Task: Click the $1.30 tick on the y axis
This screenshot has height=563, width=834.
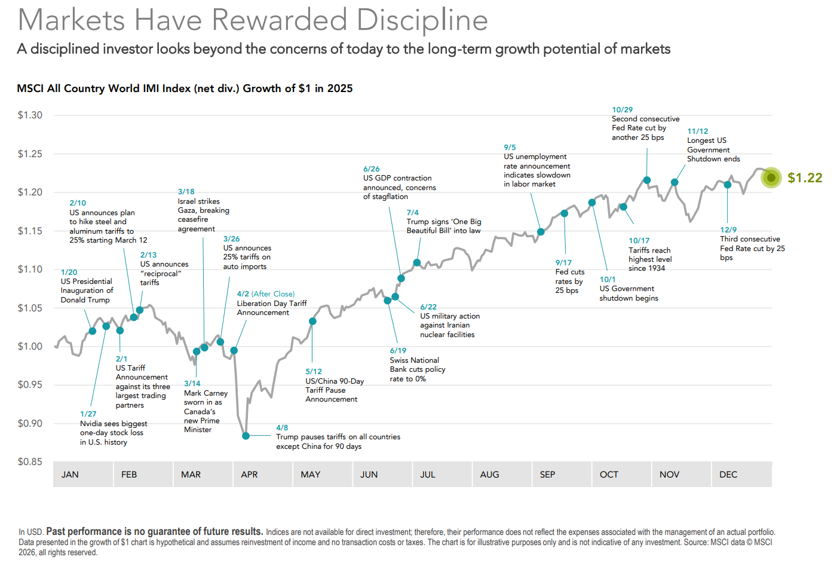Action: [30, 115]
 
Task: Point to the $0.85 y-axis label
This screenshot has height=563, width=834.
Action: [30, 461]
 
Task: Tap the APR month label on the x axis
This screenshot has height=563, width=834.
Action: [249, 475]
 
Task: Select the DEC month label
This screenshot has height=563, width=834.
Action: [728, 475]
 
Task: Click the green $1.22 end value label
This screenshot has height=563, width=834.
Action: [805, 178]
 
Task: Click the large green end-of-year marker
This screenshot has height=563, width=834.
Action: [771, 178]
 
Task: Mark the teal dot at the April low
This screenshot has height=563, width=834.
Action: [246, 436]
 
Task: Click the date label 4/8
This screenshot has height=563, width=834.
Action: [282, 428]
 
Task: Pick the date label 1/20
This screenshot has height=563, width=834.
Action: [69, 272]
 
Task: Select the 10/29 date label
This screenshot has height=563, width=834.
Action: [622, 109]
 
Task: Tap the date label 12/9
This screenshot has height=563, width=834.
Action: [728, 230]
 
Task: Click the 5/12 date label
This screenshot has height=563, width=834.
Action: [314, 371]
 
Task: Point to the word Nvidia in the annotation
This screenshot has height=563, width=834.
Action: [93, 424]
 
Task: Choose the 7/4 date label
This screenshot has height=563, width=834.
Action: [412, 212]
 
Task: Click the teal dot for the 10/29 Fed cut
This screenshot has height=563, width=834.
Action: [647, 180]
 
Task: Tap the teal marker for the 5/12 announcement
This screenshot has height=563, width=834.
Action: [312, 322]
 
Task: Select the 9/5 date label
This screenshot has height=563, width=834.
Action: [510, 147]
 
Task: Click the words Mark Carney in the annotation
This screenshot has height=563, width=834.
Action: [206, 393]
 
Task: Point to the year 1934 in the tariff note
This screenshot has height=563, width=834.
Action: [657, 268]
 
